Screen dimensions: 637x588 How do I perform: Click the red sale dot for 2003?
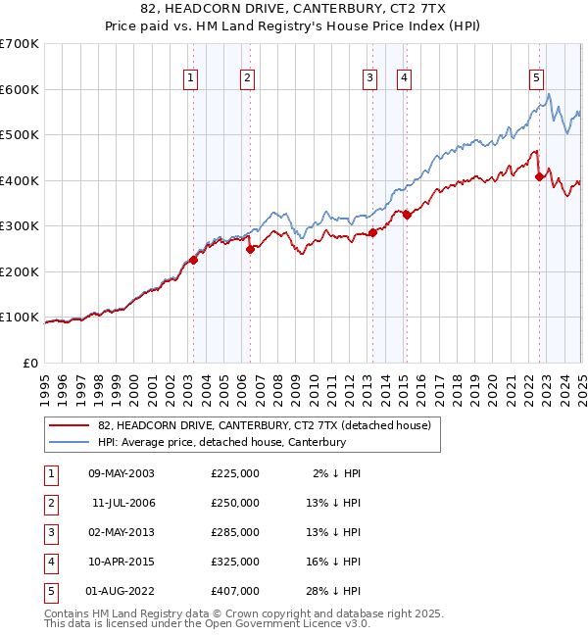coord(194,260)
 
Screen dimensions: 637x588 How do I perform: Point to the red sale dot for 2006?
coord(250,249)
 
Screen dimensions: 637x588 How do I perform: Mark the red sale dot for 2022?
coord(539,177)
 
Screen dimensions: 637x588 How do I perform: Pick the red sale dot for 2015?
coord(407,215)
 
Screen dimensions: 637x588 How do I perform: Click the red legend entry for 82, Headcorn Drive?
coord(270,424)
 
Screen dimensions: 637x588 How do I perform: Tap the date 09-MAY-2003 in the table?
coord(122,473)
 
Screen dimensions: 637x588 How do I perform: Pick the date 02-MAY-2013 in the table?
coord(122,532)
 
